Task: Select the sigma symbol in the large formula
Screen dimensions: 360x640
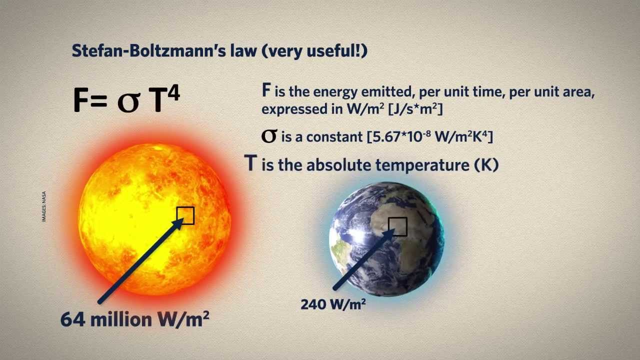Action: (129, 101)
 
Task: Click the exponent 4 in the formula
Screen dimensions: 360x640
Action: (173, 93)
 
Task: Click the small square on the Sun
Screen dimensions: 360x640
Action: (185, 215)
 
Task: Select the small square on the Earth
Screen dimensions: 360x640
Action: (397, 226)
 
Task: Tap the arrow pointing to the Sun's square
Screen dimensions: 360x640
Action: (140, 260)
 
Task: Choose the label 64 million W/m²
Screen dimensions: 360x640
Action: (134, 319)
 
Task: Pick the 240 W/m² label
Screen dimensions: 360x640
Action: (333, 303)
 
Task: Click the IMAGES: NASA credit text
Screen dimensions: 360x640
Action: (44, 206)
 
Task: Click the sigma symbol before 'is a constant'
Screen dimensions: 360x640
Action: (269, 136)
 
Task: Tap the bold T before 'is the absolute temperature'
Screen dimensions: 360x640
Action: (251, 163)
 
